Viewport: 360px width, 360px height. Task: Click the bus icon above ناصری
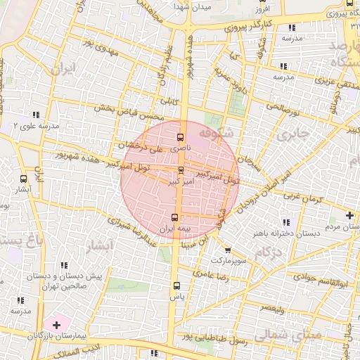[181, 138]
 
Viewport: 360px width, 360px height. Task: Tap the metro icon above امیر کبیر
[181, 170]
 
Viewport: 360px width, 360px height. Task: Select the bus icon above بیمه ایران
[176, 217]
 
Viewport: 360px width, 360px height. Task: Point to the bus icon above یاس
[176, 285]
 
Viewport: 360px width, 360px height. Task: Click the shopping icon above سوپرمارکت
[227, 249]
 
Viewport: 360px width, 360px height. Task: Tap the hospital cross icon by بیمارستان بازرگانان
[57, 325]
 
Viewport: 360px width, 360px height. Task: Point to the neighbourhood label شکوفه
[214, 132]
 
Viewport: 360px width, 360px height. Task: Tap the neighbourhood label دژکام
[266, 252]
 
